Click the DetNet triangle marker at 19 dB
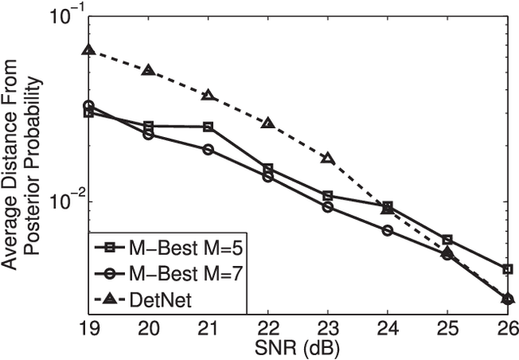click(88, 49)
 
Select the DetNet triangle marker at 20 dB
click(148, 71)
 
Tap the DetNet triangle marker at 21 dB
click(208, 96)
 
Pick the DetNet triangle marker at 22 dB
click(268, 123)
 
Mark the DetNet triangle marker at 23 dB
click(328, 157)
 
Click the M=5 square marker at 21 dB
click(208, 126)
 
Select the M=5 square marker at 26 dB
click(508, 268)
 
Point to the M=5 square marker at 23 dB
click(328, 195)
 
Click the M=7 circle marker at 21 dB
click(208, 150)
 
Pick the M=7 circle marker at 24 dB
click(388, 230)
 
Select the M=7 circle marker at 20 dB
click(148, 135)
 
